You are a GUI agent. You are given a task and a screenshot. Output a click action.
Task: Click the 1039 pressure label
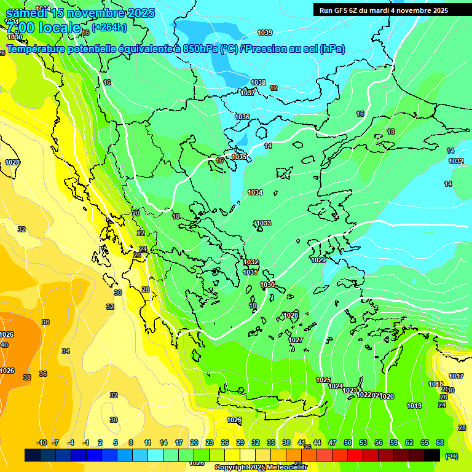click(x=265, y=33)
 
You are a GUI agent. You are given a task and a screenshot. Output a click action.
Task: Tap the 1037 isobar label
click(x=248, y=93)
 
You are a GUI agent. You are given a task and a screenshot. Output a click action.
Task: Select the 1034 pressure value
click(x=255, y=192)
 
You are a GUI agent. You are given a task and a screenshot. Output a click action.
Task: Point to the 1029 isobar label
click(x=318, y=260)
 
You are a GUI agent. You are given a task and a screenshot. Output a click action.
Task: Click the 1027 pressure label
click(x=296, y=340)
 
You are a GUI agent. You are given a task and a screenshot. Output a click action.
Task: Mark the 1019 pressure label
click(x=414, y=406)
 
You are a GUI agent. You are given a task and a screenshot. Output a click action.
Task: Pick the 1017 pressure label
click(x=455, y=376)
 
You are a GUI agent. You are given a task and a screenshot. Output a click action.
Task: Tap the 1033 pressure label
click(x=264, y=223)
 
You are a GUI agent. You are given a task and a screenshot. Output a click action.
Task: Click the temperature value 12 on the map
click(x=273, y=88)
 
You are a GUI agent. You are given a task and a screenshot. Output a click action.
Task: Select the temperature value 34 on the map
click(x=66, y=351)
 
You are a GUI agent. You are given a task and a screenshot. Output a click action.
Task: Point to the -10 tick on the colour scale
click(x=42, y=442)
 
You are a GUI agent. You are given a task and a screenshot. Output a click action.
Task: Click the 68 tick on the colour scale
click(x=440, y=442)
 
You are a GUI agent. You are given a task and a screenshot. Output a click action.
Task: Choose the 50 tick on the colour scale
click(x=348, y=442)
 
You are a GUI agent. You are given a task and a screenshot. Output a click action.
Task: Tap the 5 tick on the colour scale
click(x=116, y=442)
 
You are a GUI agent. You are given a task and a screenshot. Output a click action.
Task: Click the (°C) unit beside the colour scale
click(x=451, y=455)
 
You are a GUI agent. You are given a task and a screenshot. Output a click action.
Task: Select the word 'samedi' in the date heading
click(x=27, y=13)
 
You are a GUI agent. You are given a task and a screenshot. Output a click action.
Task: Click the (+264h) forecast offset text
click(x=109, y=26)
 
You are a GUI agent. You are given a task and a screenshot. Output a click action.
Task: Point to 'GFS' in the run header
click(x=340, y=10)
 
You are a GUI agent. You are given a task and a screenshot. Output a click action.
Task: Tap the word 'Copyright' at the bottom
click(x=231, y=468)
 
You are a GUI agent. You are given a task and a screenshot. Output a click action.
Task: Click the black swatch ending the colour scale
click(x=432, y=455)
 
